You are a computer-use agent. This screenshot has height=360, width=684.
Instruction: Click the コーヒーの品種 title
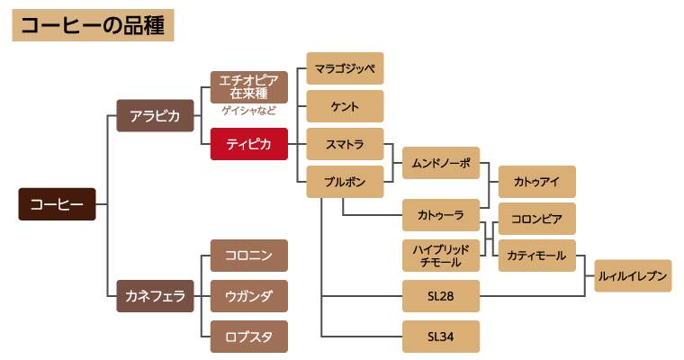(x=93, y=25)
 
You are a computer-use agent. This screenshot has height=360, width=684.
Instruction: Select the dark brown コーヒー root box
(x=57, y=204)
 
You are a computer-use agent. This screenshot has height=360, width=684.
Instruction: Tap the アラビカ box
(x=155, y=115)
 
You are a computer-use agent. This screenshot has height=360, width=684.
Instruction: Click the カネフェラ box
(x=155, y=295)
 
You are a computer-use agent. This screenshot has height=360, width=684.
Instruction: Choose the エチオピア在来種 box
(x=248, y=87)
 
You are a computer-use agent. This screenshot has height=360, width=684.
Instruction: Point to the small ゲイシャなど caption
(x=248, y=111)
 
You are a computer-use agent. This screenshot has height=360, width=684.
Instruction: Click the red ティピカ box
(x=248, y=144)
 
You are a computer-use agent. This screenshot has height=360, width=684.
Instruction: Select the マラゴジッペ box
(x=345, y=68)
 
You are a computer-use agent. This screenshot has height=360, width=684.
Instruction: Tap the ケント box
(x=345, y=106)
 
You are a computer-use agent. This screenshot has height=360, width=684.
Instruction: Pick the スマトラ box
(x=345, y=144)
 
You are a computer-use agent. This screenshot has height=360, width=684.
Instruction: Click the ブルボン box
(x=345, y=182)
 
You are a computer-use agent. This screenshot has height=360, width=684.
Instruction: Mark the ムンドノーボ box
(x=441, y=163)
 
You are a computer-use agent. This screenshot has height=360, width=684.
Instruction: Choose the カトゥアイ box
(x=536, y=182)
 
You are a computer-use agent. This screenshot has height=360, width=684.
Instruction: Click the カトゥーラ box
(x=441, y=215)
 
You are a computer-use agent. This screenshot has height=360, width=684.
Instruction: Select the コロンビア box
(x=536, y=219)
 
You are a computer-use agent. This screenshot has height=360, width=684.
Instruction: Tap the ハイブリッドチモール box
(x=441, y=256)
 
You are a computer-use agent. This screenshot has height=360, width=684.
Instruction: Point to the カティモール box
(x=536, y=256)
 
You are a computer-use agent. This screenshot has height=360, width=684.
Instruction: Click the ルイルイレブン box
(x=633, y=276)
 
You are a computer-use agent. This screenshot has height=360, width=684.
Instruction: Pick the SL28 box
(x=441, y=296)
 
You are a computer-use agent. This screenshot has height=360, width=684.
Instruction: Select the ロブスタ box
(x=248, y=337)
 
